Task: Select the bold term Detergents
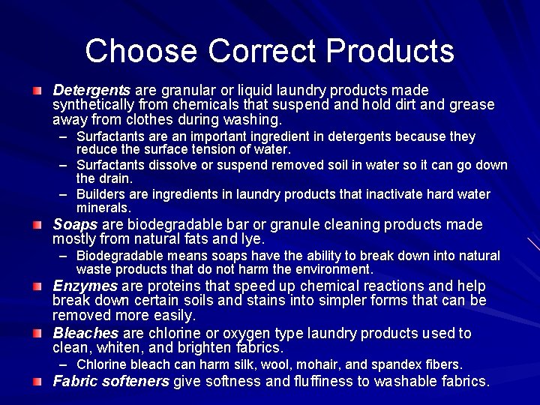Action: pos(91,90)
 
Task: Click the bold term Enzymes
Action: pos(85,286)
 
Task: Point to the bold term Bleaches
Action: pos(85,332)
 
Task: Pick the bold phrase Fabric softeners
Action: pos(111,381)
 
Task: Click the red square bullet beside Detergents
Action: pos(37,91)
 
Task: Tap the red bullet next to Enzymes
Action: pos(37,286)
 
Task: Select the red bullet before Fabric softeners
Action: pos(37,382)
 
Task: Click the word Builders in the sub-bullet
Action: pos(101,195)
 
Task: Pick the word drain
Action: pos(115,178)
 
